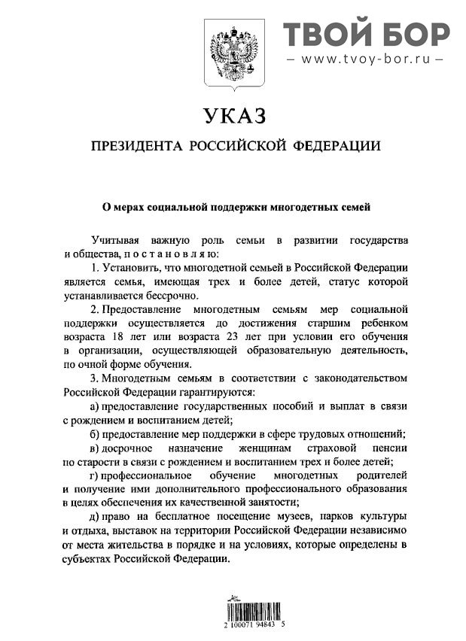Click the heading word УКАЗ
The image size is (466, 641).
coord(234,117)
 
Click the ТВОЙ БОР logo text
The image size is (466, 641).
coord(366,34)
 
